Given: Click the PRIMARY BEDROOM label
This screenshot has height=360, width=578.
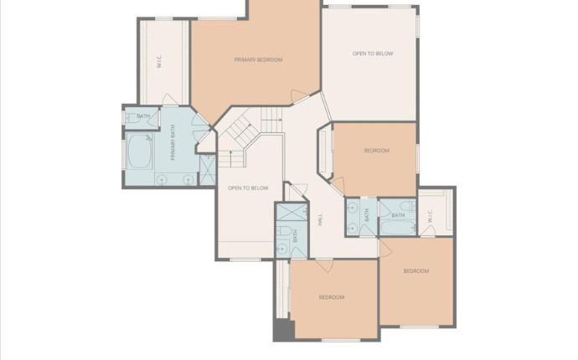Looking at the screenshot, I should click(257, 59).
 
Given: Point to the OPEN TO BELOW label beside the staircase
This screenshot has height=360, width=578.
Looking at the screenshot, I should click(248, 188).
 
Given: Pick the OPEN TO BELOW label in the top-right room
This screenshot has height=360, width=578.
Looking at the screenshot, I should click(372, 54).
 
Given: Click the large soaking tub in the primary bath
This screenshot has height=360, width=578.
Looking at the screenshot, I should click(139, 153).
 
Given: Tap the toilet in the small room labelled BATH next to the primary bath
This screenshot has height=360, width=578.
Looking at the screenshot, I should click(131, 117).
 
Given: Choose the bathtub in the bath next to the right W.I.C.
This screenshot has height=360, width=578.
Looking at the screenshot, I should click(397, 226).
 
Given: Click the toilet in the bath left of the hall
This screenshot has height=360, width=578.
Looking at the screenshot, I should click(284, 231).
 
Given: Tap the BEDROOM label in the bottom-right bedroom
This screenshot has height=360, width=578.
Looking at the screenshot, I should click(415, 271).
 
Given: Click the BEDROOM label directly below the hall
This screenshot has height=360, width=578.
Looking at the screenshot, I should click(332, 297).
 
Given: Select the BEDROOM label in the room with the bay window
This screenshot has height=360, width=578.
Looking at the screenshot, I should click(376, 151).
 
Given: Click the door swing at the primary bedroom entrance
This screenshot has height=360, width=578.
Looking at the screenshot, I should click(299, 96).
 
